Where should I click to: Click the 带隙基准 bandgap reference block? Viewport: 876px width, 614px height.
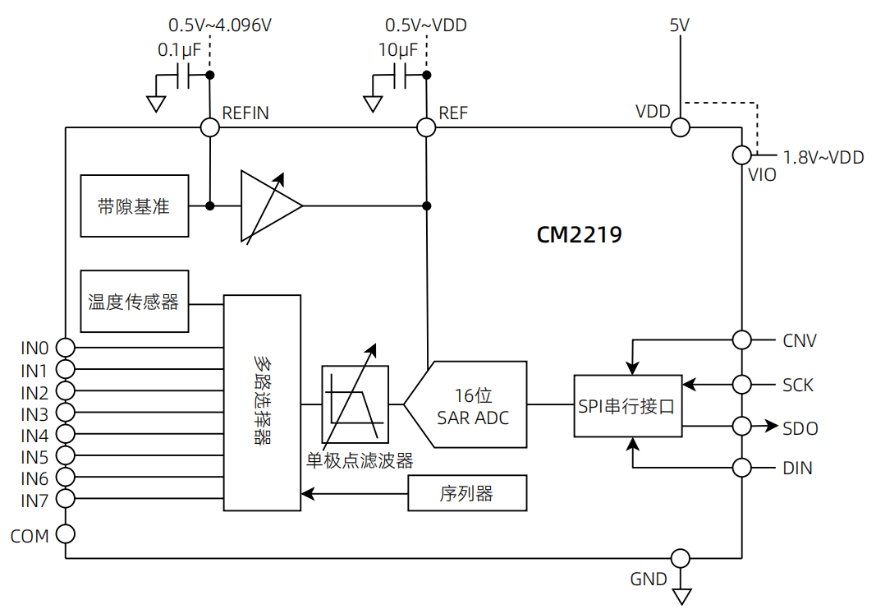[135, 205]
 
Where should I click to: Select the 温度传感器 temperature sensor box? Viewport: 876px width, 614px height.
[135, 301]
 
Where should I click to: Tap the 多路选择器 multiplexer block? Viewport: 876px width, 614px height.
[263, 403]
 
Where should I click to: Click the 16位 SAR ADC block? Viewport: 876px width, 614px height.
[472, 404]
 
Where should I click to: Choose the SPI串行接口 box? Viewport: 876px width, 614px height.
[627, 405]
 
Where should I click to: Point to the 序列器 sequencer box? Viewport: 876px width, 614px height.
[466, 493]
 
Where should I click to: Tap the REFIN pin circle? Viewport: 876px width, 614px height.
[209, 127]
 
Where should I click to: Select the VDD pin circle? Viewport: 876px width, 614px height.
[680, 127]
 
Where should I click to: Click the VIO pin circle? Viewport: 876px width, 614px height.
[741, 155]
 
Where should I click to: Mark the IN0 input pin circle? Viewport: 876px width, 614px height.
[65, 347]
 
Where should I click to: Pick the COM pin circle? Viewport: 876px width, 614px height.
[65, 534]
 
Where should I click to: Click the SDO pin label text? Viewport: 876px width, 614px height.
[800, 428]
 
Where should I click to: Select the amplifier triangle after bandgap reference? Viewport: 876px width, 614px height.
[268, 206]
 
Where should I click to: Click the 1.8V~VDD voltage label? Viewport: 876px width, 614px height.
[823, 157]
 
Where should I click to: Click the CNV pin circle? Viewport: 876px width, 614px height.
[741, 339]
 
